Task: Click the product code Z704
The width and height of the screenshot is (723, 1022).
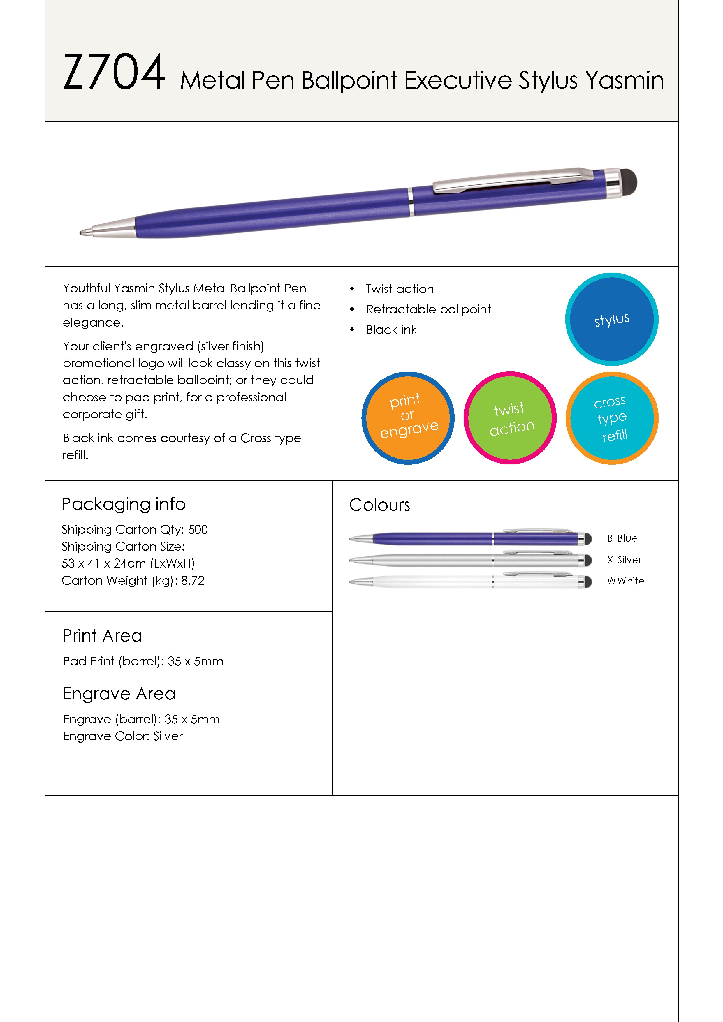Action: [114, 72]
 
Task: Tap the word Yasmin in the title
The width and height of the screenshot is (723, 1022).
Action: [624, 81]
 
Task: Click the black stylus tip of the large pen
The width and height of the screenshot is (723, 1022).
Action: [629, 182]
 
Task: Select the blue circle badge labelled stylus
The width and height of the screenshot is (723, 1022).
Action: [612, 319]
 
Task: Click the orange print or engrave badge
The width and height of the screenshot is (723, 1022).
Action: [408, 417]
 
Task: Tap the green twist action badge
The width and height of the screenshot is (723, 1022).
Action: [510, 417]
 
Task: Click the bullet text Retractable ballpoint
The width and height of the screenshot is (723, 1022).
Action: [428, 309]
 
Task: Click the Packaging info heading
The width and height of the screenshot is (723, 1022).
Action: [123, 504]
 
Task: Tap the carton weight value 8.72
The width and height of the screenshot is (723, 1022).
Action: [192, 580]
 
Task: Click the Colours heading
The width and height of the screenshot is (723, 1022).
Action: [379, 505]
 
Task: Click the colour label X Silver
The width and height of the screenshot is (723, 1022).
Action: [624, 560]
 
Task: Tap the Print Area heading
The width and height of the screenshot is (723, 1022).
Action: [102, 636]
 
